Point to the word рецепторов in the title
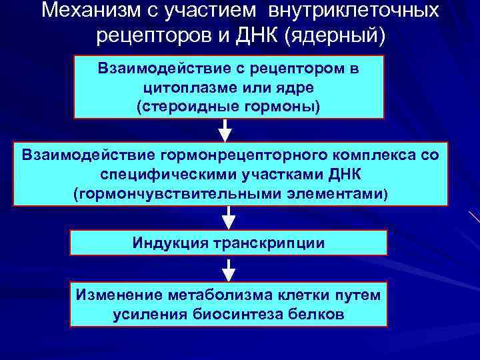pos(149,35)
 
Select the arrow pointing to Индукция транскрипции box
pos(228,217)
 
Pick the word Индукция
pos(169,243)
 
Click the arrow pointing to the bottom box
pos(228,269)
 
